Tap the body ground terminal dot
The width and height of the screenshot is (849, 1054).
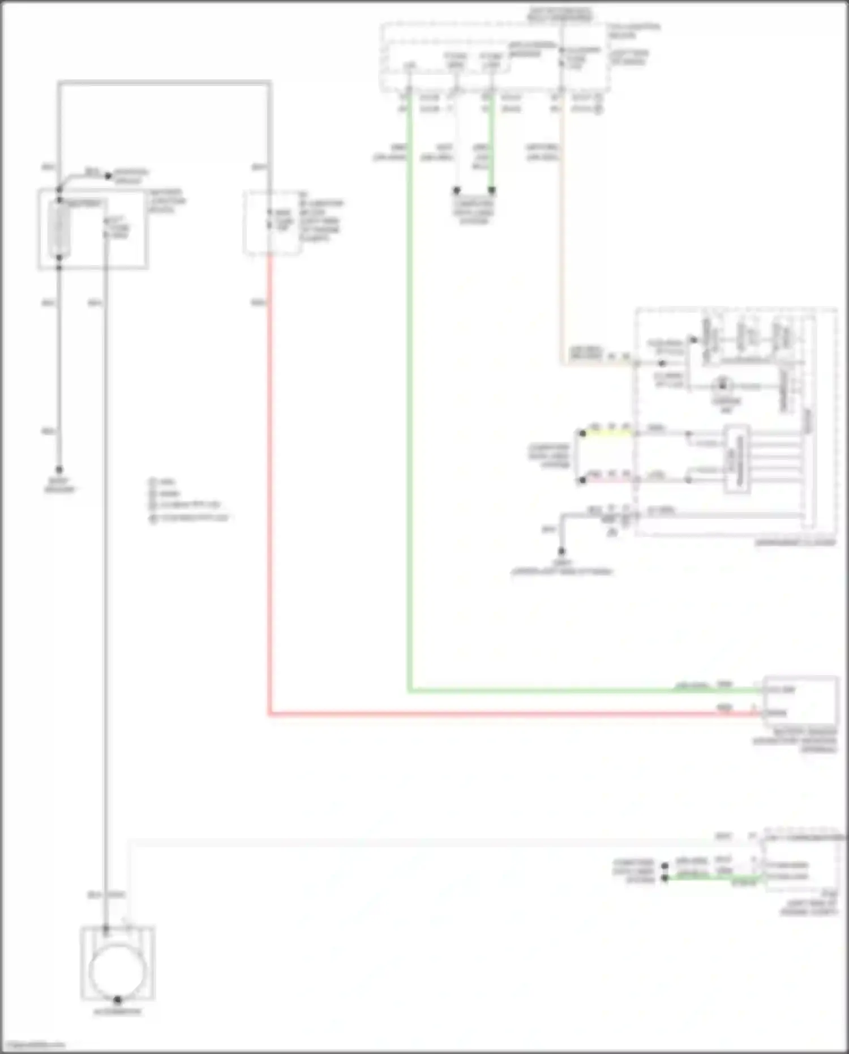[x=59, y=470]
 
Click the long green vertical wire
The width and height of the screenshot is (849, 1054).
[x=409, y=396]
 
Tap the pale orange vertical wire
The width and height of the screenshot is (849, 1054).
[x=562, y=238]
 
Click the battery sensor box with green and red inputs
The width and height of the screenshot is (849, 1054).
[x=800, y=701]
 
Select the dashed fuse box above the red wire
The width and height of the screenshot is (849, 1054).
[x=272, y=223]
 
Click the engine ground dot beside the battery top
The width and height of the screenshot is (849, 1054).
[x=108, y=176]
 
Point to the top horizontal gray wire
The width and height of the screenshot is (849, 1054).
[x=164, y=84]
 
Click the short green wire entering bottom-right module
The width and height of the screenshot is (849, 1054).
[x=713, y=878]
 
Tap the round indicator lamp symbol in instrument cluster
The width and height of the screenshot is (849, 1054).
[x=723, y=386]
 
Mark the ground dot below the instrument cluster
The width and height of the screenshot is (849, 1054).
[x=561, y=551]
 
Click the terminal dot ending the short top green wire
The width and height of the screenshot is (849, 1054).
[x=491, y=190]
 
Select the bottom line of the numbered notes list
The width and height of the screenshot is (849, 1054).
[x=190, y=518]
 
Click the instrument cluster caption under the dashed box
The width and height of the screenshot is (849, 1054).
[x=795, y=543]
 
